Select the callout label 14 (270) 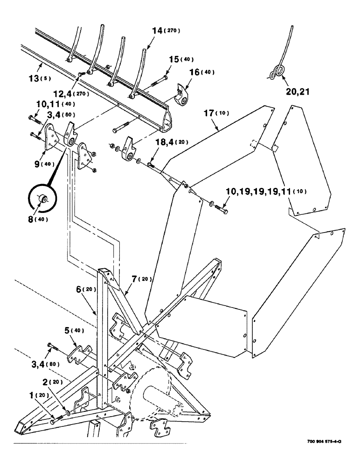165,31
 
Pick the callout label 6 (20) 89,290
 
